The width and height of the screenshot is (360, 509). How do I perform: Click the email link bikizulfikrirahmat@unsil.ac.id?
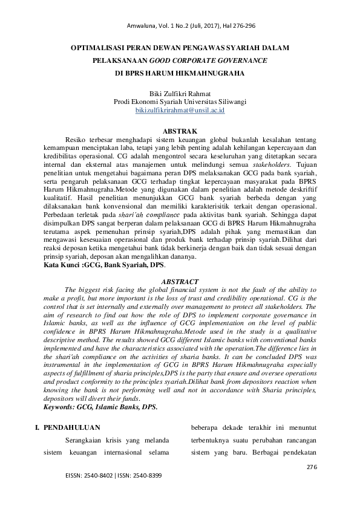[180, 111]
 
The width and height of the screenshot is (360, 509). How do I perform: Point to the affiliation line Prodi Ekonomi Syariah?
[180, 103]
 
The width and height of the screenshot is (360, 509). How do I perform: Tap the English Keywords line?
[101, 407]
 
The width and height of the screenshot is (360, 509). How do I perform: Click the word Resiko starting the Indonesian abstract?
[76, 138]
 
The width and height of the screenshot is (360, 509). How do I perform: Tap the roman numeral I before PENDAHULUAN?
[39, 428]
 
